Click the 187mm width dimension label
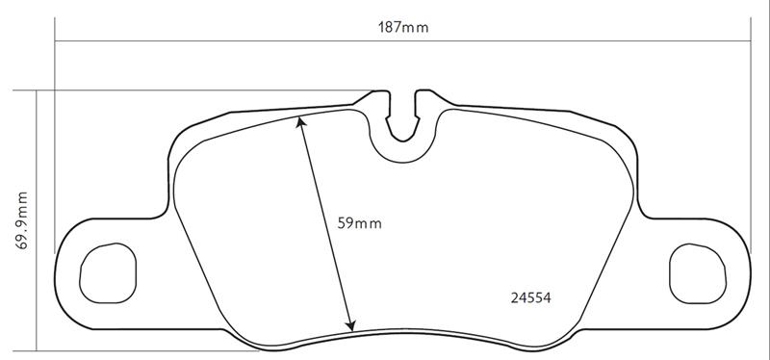pos(402,28)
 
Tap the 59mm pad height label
pos(359,223)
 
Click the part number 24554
pos(531,297)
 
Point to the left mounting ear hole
pos(108,273)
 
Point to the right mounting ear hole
pos(697,273)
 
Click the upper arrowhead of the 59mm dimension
pos(299,122)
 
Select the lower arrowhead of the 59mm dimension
pos(350,325)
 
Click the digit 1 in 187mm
pos(380,28)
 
